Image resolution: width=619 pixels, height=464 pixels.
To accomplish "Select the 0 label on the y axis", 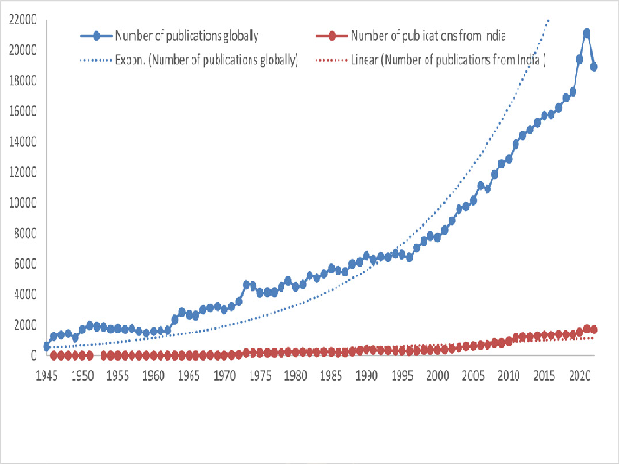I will (31, 356).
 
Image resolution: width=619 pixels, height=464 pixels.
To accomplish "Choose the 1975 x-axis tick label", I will (260, 373).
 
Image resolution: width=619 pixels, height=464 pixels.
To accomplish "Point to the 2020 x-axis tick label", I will (579, 373).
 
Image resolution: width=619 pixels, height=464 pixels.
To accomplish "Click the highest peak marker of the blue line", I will (587, 33).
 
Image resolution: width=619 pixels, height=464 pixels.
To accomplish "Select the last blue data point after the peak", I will (594, 67).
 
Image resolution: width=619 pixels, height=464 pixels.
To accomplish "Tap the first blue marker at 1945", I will (46, 346).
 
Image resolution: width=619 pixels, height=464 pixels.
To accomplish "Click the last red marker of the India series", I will (594, 330).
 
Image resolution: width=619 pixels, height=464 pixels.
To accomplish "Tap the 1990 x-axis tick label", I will (367, 373).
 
